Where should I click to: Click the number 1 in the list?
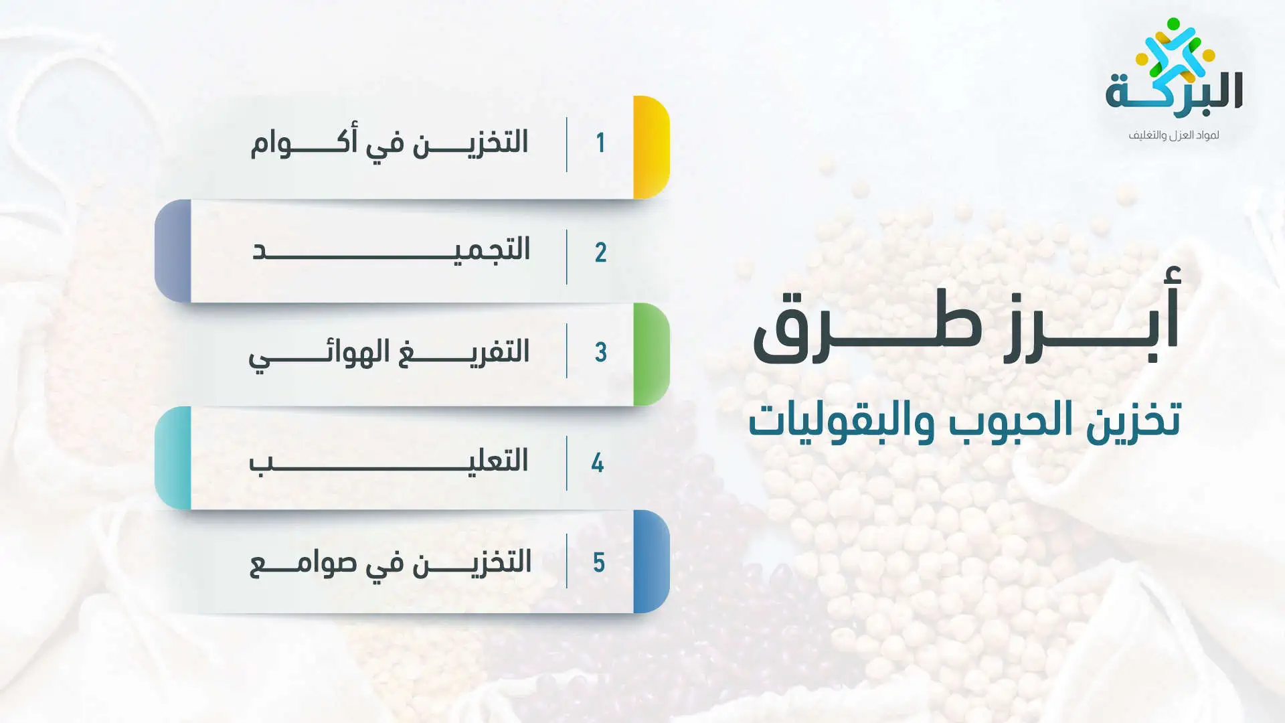[x=601, y=143]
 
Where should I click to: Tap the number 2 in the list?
[x=601, y=252]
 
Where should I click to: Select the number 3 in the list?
[x=601, y=352]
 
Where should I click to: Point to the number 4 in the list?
[x=598, y=463]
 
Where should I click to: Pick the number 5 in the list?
[x=599, y=562]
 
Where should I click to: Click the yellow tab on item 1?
[x=651, y=147]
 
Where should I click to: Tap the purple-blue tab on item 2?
[x=173, y=251]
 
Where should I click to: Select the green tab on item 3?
[x=651, y=354]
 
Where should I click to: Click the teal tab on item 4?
[x=173, y=458]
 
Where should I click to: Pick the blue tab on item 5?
[x=651, y=562]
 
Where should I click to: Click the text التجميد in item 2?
[x=391, y=249]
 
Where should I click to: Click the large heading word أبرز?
[x=1092, y=315]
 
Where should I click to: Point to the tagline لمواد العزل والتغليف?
[x=1174, y=135]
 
